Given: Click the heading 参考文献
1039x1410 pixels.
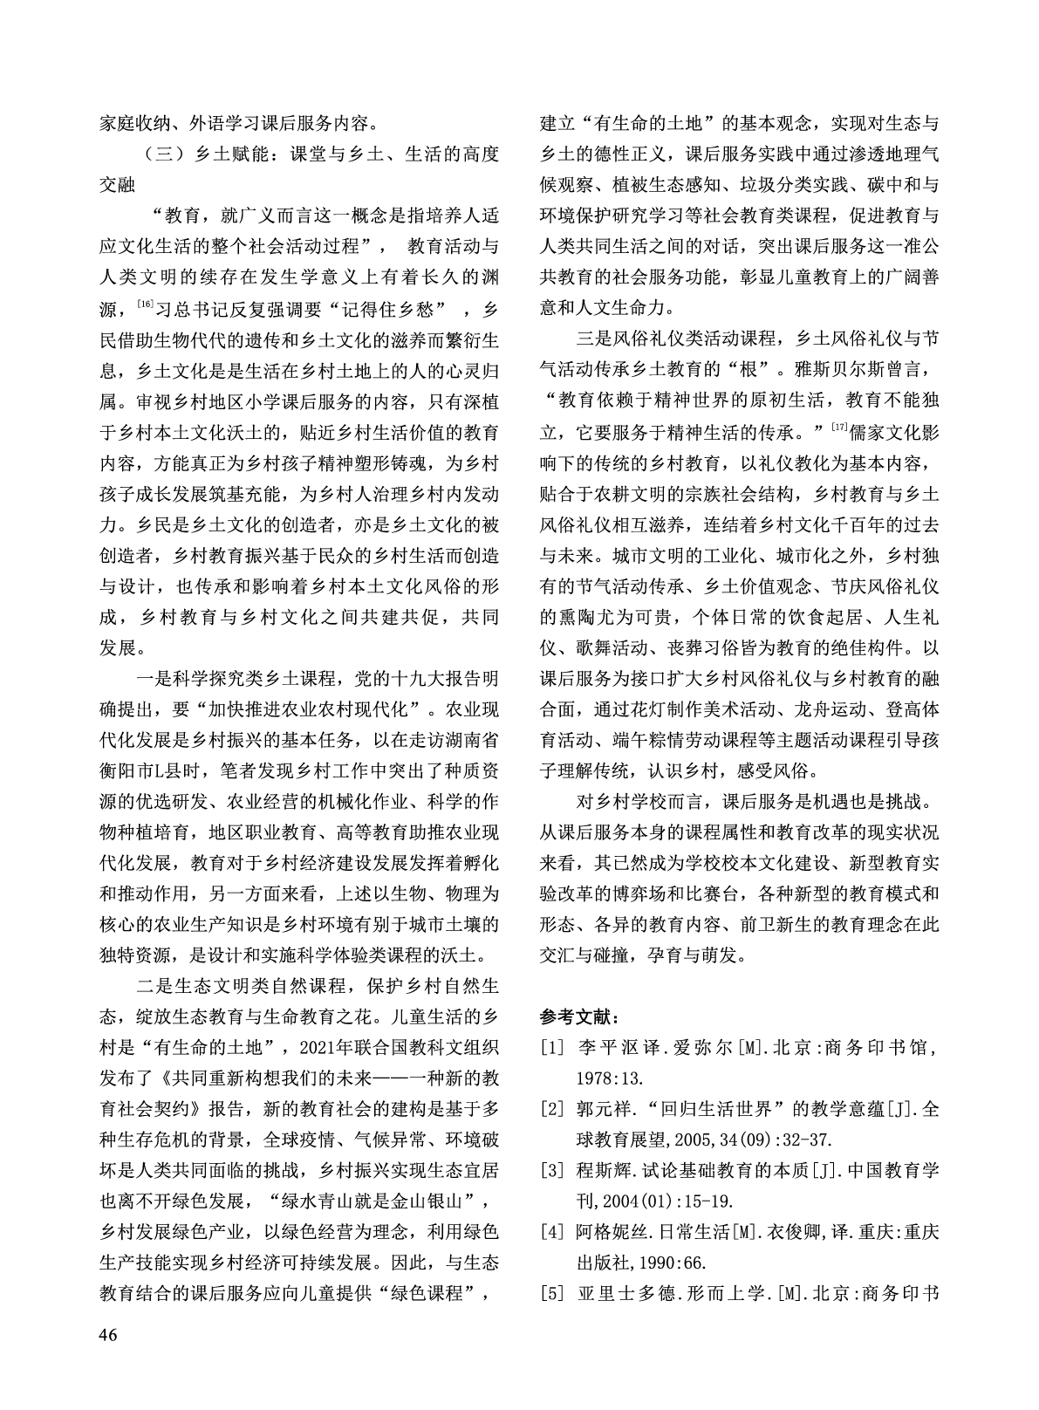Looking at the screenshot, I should coord(579,1016).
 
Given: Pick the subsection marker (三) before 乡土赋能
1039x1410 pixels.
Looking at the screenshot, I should coord(161,155).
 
